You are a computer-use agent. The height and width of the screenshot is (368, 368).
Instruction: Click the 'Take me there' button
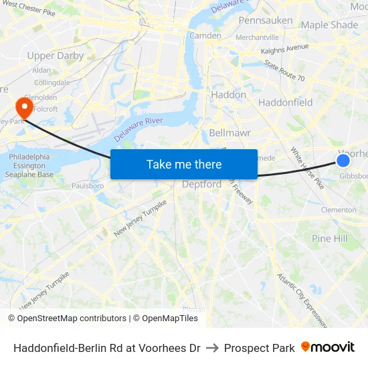[184, 164]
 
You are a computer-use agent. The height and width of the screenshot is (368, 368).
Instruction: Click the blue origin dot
[343, 161]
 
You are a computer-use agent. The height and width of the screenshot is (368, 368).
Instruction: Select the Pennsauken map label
[266, 21]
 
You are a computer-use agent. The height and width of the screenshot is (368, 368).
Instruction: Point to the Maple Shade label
[329, 25]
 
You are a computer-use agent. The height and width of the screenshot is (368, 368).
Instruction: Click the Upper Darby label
[56, 56]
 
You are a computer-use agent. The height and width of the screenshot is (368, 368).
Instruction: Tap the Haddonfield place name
[285, 102]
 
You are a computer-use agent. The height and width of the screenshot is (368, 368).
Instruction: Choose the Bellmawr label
[229, 132]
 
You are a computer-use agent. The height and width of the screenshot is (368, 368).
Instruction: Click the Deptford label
[202, 185]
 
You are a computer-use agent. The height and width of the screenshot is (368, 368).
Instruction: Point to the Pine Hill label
[330, 238]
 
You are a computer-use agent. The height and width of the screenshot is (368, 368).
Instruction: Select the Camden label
[205, 35]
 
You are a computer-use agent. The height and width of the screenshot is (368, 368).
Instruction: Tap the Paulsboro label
[88, 185]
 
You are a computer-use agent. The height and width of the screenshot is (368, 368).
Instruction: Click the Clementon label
[339, 209]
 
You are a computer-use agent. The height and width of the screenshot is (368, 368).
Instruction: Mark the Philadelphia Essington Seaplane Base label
[31, 165]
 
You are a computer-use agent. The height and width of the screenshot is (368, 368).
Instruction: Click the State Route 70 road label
[284, 72]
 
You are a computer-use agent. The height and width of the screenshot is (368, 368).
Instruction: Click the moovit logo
[328, 347]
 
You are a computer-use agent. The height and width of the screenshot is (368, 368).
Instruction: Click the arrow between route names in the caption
[212, 348]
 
